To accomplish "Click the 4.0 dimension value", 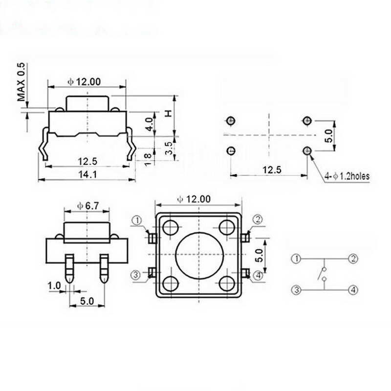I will pos(149,123).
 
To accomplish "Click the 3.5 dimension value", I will pos(169,148).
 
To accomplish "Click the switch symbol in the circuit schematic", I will pos(323,274).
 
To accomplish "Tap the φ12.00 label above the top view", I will pos(194,198).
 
